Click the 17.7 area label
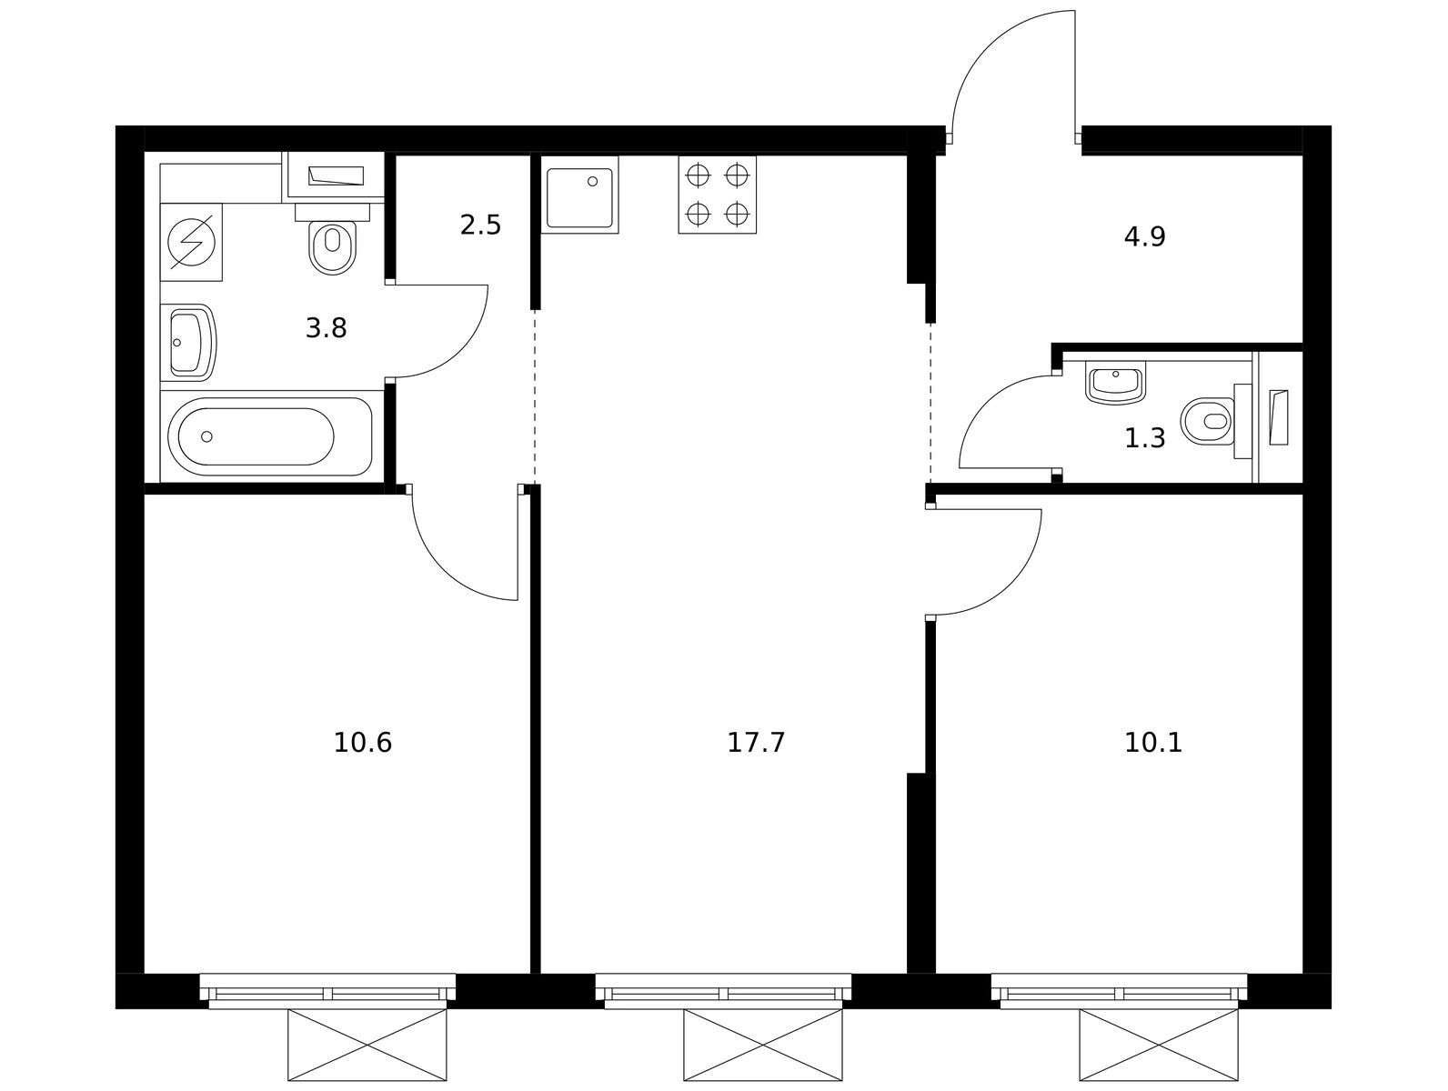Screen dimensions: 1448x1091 (755, 743)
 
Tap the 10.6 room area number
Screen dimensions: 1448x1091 (362, 743)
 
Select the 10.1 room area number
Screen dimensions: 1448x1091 (1153, 743)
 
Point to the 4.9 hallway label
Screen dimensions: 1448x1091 (1144, 236)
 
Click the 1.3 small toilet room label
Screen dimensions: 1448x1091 (1144, 437)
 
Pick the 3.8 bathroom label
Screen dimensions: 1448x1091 (326, 327)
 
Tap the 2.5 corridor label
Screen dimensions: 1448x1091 (480, 225)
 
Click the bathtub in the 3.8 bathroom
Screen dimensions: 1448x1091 (271, 436)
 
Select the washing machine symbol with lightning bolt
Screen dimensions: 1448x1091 (191, 243)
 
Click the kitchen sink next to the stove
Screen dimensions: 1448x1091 (580, 195)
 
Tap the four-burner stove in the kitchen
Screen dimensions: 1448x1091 (717, 195)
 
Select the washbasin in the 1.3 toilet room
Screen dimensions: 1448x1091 (1115, 383)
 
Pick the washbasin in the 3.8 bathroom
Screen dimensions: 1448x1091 (188, 342)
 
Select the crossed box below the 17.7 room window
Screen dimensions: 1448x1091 (762, 1045)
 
